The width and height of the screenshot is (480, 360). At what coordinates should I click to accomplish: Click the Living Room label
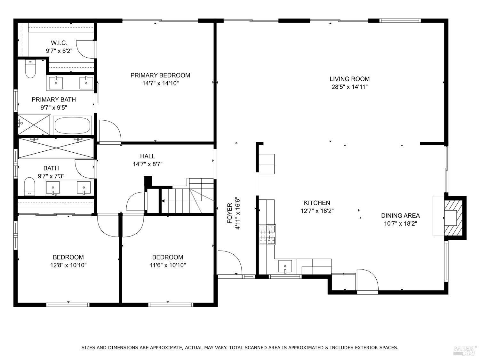(x=349, y=79)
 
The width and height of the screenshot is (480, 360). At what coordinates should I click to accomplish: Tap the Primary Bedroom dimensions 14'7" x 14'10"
(x=160, y=83)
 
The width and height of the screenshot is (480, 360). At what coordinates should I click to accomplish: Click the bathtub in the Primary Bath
(x=72, y=126)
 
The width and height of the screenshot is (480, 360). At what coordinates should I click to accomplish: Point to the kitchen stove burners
(x=267, y=235)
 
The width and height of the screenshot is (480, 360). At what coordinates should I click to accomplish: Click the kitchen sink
(x=285, y=266)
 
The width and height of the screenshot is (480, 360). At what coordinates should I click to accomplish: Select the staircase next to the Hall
(x=186, y=200)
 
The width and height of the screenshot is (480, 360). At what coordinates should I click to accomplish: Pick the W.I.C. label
(x=59, y=43)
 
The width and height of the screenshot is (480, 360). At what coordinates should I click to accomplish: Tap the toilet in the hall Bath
(x=30, y=186)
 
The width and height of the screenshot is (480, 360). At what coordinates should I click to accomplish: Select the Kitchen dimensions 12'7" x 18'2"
(x=317, y=211)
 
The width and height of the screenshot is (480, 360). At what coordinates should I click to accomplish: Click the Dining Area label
(x=400, y=216)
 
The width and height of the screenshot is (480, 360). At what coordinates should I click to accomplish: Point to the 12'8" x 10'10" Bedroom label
(x=68, y=257)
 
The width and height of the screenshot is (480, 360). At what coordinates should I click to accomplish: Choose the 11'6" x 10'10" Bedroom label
(x=168, y=257)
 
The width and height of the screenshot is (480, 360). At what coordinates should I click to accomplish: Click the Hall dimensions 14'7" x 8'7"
(x=148, y=164)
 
